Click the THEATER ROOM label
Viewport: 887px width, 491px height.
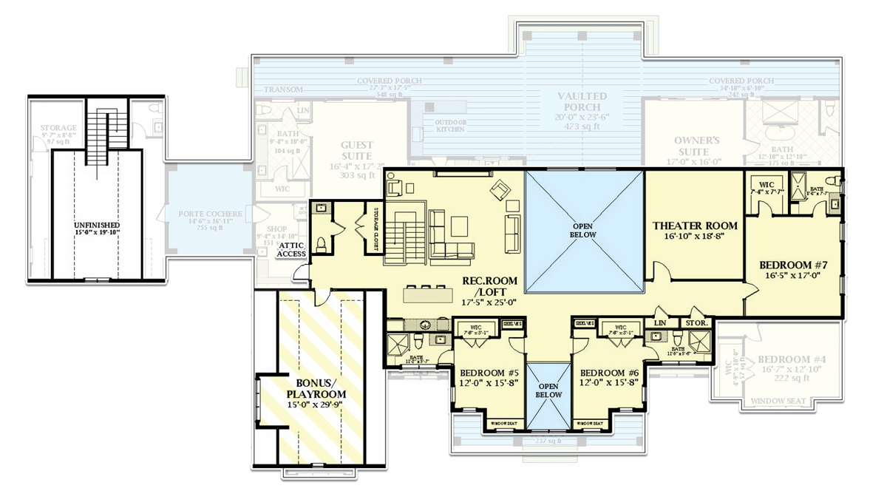click(694, 226)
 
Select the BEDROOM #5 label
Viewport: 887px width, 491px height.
click(489, 372)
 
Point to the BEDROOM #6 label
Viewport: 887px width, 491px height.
click(609, 372)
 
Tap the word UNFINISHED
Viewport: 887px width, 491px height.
click(97, 224)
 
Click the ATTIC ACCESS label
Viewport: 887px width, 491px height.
click(291, 249)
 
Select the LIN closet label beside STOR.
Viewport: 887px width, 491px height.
click(660, 323)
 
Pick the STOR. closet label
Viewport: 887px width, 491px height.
click(697, 323)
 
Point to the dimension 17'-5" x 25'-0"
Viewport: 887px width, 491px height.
click(489, 302)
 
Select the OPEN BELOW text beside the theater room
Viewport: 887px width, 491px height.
click(583, 230)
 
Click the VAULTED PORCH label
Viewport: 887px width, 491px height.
click(582, 101)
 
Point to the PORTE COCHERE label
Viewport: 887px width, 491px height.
click(210, 214)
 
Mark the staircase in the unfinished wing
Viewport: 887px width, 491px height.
click(97, 133)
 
